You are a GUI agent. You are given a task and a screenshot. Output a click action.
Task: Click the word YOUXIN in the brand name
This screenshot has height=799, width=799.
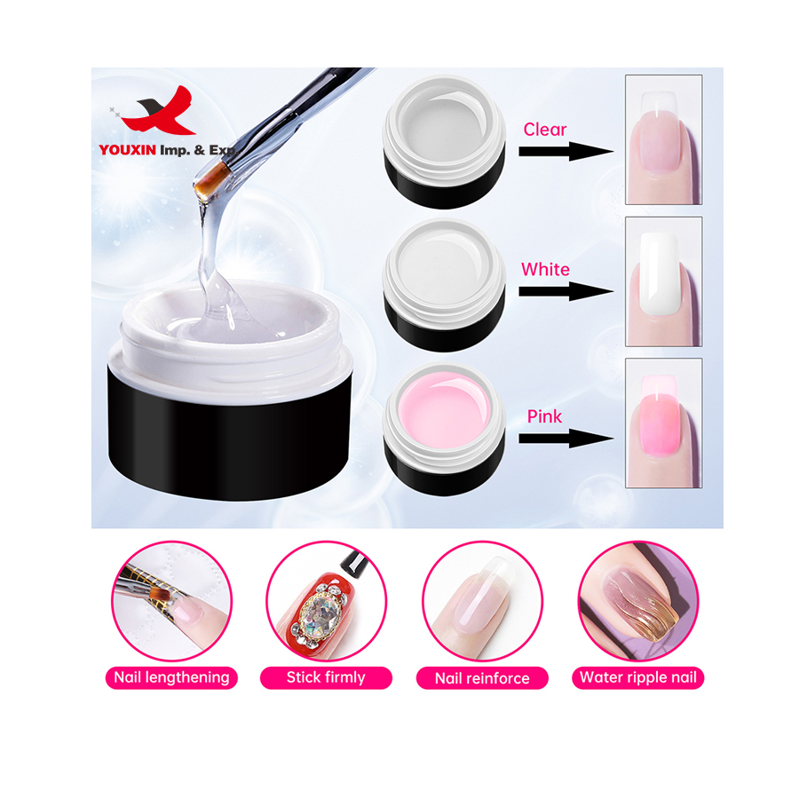[x=127, y=150]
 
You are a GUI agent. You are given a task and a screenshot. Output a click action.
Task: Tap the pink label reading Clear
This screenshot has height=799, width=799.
[x=545, y=130]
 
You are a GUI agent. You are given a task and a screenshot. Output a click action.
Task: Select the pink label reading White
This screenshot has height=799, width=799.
[x=545, y=269]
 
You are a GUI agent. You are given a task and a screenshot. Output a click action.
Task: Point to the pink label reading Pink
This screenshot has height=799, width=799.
[x=544, y=416]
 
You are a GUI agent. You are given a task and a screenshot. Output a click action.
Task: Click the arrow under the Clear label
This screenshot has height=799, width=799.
[x=566, y=151]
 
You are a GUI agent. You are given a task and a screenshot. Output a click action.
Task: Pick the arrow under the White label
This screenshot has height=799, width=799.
[x=566, y=291]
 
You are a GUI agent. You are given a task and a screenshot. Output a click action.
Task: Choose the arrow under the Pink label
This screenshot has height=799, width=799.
[x=566, y=439]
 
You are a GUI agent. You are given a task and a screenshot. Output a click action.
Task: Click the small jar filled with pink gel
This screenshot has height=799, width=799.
[x=444, y=429]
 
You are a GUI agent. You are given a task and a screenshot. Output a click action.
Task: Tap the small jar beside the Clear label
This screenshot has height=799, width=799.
[x=444, y=142]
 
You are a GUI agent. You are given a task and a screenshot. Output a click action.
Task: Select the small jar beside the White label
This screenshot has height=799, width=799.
[x=444, y=285]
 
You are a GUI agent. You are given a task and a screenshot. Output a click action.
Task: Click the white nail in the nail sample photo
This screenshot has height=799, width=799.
[x=660, y=273]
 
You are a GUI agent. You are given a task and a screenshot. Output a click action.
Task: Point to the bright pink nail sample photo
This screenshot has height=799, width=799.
[x=663, y=423]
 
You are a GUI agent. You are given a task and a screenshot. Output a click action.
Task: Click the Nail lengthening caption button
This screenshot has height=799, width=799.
[x=171, y=677]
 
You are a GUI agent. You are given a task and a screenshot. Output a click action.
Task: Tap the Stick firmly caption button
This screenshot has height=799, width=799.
[x=326, y=677]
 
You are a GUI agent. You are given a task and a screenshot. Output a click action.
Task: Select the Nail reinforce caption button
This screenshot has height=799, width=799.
[x=482, y=678]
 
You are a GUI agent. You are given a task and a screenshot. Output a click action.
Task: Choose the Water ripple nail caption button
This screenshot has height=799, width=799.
[x=638, y=677]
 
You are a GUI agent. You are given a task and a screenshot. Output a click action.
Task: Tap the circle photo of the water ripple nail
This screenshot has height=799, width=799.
[x=638, y=601]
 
